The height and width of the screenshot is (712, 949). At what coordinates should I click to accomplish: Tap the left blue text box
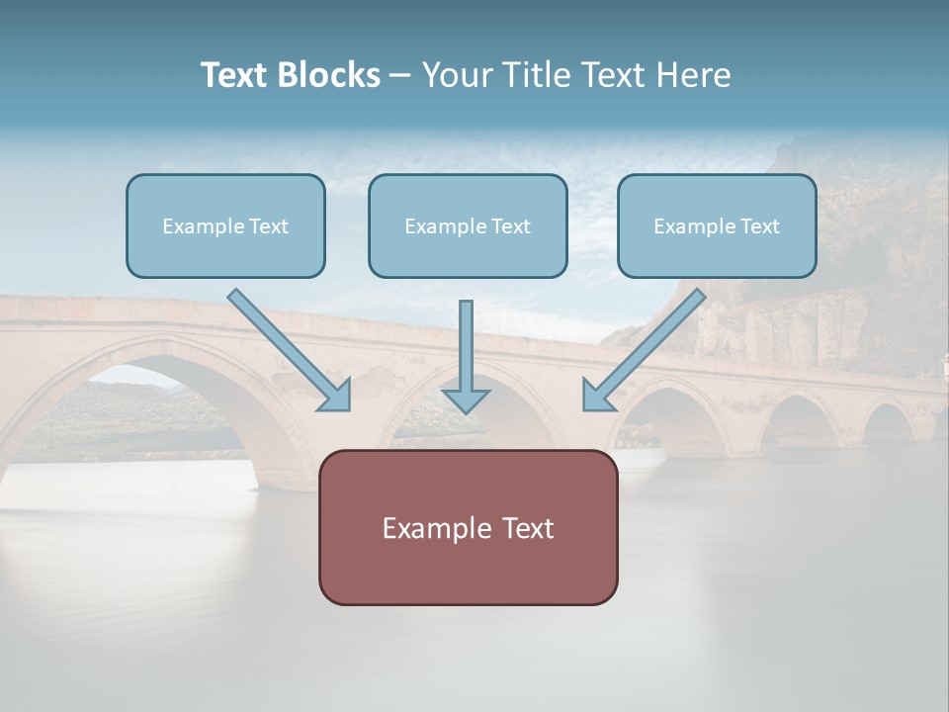click(x=225, y=225)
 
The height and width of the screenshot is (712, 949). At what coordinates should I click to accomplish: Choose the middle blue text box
click(x=468, y=225)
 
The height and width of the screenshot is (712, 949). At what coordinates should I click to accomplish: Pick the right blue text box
click(x=717, y=225)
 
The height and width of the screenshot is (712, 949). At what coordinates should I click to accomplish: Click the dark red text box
click(x=468, y=527)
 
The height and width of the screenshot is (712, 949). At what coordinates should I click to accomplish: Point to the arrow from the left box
click(x=287, y=348)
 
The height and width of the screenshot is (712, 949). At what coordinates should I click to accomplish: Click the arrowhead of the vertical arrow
click(x=466, y=400)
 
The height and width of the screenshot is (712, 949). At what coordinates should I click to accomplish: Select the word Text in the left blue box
click(x=269, y=226)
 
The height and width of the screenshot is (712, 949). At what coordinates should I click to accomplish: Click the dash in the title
click(x=400, y=75)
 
